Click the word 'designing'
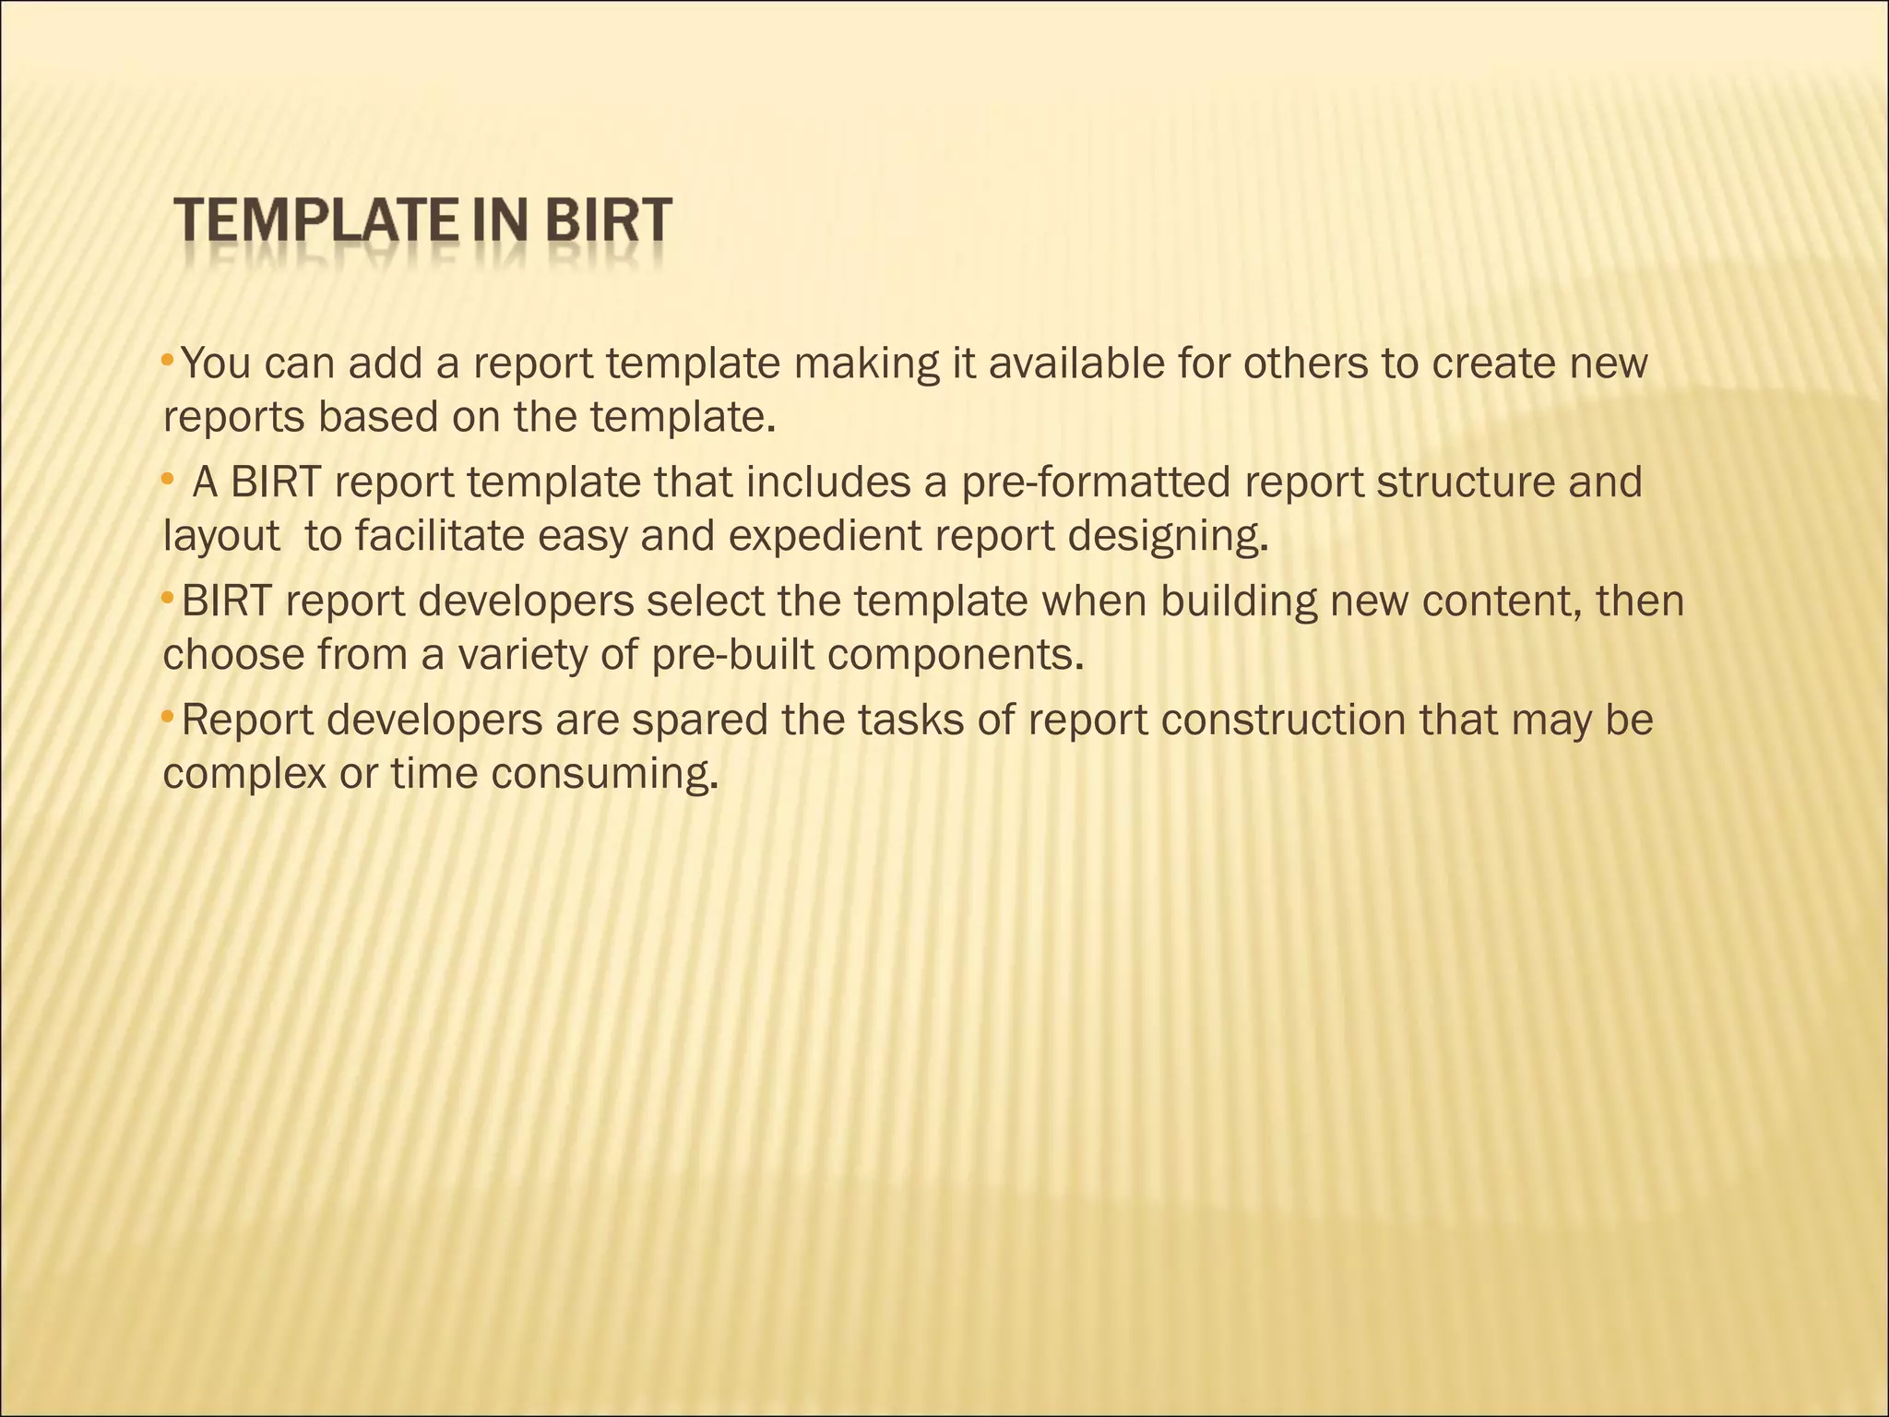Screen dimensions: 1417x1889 click(x=1168, y=537)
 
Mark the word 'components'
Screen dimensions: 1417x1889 click(x=955, y=656)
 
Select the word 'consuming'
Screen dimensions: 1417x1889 click(x=603, y=775)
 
